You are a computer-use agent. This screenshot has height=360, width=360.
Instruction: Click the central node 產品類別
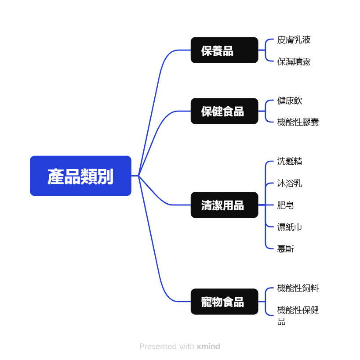point(80,176)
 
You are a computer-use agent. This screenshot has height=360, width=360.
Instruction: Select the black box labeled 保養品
point(224,50)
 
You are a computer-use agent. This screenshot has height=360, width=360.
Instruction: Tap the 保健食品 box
point(224,111)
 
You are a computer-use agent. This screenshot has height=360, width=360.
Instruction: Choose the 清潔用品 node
point(224,205)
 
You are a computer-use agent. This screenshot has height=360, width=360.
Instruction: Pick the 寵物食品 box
point(224,302)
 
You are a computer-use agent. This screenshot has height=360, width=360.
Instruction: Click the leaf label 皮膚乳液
point(294,40)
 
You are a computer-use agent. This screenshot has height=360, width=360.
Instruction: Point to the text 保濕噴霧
point(294,62)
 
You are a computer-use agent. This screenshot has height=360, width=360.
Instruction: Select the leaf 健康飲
point(290,101)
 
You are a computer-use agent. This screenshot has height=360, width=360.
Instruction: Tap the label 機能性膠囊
point(298,122)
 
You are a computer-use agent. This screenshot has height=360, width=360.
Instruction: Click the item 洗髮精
point(290,161)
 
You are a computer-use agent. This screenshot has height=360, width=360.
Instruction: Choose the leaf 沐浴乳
point(290,183)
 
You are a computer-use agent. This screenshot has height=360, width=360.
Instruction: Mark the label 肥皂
point(286,205)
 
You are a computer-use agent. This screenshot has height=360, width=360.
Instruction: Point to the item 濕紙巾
point(290,227)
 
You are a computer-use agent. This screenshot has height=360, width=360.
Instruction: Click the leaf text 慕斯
point(286,249)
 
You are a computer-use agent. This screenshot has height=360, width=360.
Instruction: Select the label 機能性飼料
point(298,288)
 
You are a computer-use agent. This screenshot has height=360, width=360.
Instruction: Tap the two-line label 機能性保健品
point(298,316)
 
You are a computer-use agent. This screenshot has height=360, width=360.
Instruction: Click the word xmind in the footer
point(208,346)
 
